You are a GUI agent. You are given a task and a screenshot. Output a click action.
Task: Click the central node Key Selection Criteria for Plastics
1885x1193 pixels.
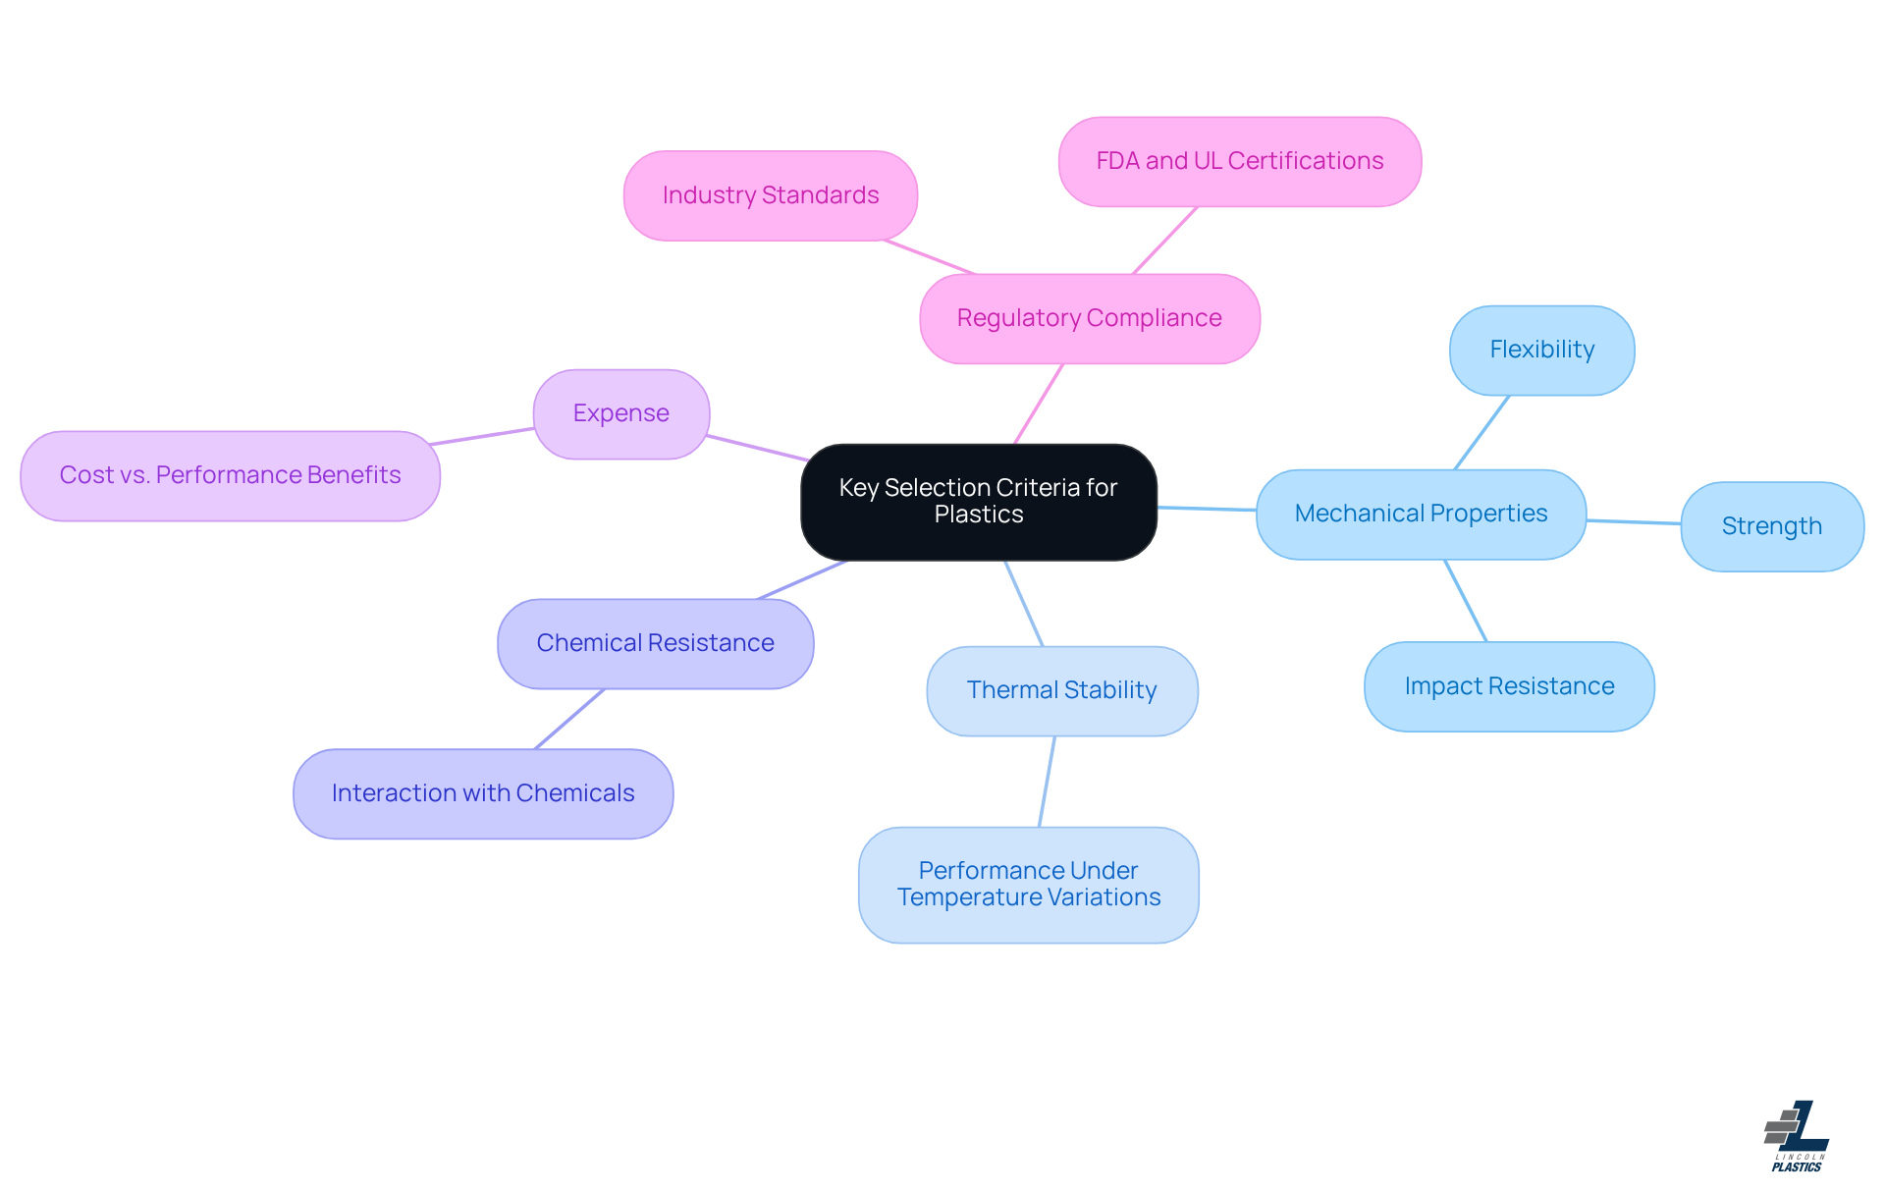coord(979,502)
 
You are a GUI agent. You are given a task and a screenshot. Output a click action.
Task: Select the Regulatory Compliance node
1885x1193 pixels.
coord(1090,318)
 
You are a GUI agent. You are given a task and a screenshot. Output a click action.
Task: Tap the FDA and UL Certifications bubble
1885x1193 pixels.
coord(1239,161)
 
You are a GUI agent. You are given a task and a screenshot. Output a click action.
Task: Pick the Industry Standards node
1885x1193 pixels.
coord(771,195)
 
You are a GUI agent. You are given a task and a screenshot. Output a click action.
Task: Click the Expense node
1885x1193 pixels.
coord(620,413)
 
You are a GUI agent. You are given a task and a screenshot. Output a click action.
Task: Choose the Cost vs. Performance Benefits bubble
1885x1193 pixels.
coord(230,475)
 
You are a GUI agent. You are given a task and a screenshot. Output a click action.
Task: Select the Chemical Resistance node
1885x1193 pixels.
coord(655,643)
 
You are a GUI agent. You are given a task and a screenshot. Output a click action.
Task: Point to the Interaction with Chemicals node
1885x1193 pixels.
coord(483,793)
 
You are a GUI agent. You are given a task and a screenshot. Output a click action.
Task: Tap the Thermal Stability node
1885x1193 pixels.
coord(1061,690)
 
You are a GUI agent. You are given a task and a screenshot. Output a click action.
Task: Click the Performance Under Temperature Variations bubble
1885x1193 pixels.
coord(1028,884)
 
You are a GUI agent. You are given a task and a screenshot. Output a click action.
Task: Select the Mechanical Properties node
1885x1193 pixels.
coord(1421,514)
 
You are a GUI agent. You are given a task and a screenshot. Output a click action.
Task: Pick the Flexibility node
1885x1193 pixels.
coord(1541,350)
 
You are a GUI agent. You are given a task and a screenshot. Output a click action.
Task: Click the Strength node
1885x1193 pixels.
coord(1771,526)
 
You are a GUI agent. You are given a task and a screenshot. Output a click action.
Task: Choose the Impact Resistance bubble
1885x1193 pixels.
coord(1509,686)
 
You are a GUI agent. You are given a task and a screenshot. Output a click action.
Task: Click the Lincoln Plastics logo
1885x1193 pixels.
coord(1797,1136)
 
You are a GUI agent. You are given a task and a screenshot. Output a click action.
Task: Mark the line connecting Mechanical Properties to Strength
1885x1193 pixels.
coord(1634,522)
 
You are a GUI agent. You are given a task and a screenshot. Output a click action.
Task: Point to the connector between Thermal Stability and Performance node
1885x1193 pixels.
coord(1047,782)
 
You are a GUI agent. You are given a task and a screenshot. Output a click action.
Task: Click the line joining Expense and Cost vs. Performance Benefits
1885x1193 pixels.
coord(483,437)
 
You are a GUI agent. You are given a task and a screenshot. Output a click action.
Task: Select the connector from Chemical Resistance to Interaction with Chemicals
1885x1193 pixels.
coord(569,719)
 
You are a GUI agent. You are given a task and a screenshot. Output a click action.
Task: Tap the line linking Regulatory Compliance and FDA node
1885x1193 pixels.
coord(1165,241)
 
